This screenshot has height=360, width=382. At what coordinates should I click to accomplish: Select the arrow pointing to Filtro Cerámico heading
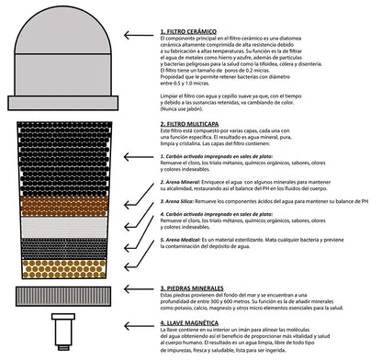click(138, 32)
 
